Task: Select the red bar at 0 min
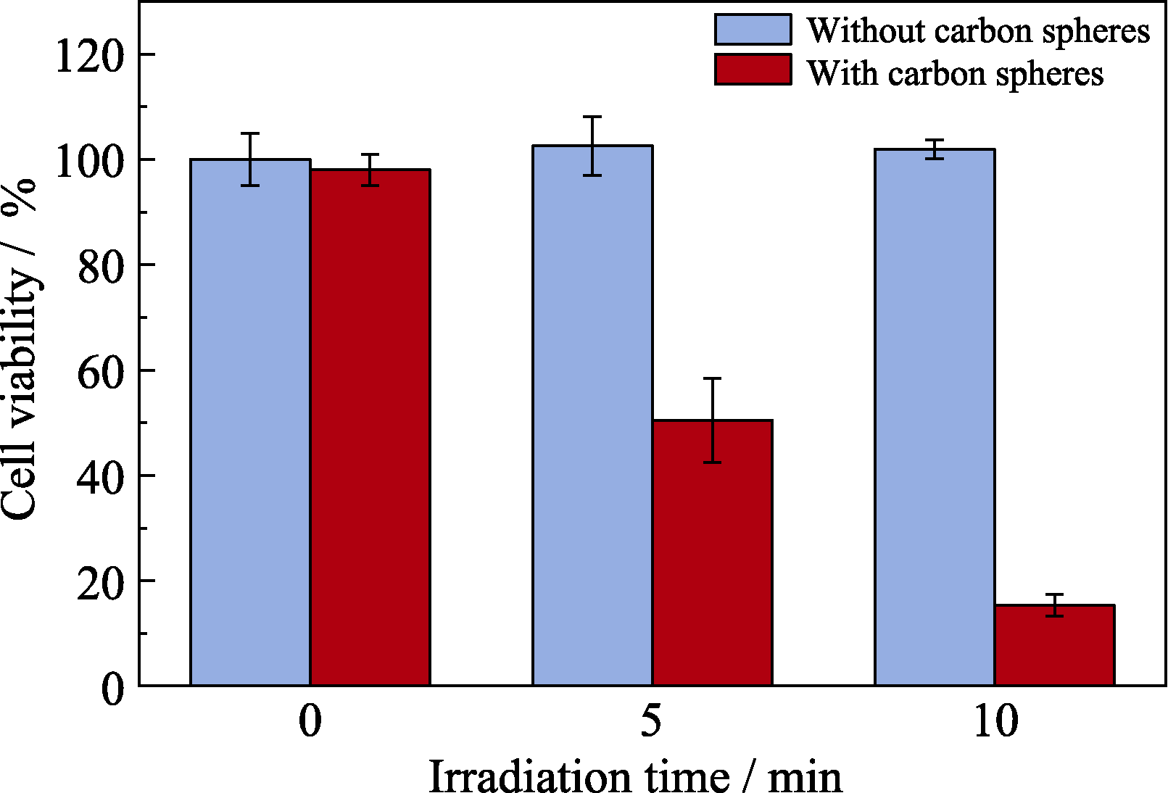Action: tap(370, 428)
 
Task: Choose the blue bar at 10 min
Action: tap(935, 417)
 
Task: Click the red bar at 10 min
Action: tap(1054, 645)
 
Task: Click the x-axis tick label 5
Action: tap(651, 721)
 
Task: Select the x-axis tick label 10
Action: tap(995, 721)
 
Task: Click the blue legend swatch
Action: tap(753, 30)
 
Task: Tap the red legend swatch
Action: tap(753, 70)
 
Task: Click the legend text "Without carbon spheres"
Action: tap(978, 31)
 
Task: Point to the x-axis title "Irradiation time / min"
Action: tap(635, 776)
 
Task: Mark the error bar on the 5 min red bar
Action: tap(712, 420)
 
